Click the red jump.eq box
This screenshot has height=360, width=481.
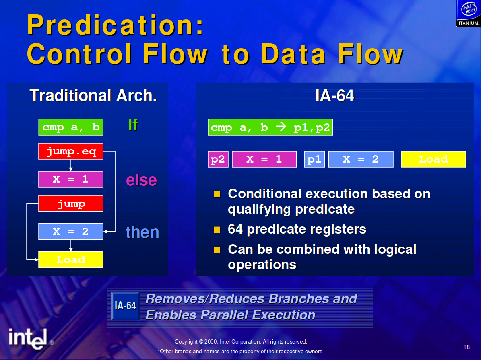coord(71,151)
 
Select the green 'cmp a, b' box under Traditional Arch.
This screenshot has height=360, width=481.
coord(71,127)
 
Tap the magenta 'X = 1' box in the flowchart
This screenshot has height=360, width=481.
coord(71,179)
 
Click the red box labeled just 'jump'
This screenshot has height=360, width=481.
coord(71,203)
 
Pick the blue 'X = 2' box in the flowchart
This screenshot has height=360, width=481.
coord(71,232)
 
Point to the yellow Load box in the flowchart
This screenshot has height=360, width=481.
coord(71,260)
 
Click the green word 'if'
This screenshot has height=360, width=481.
coord(133,125)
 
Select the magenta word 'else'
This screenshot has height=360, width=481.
coord(141,180)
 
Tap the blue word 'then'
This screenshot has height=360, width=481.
coord(142,232)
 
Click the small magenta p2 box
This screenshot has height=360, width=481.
coord(218,159)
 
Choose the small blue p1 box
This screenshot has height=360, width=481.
coord(315,159)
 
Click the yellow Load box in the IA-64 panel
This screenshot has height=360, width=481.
coord(434,159)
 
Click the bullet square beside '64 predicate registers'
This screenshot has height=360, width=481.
coord(217,230)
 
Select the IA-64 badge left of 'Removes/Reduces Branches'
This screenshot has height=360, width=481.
coord(125,306)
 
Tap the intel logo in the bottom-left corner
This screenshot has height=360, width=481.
coord(28,339)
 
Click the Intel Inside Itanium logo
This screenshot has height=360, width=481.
coord(469,13)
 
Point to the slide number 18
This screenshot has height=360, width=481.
coord(467,347)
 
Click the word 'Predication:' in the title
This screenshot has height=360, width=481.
coord(116,25)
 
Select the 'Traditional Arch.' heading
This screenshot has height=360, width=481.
coord(93,95)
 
